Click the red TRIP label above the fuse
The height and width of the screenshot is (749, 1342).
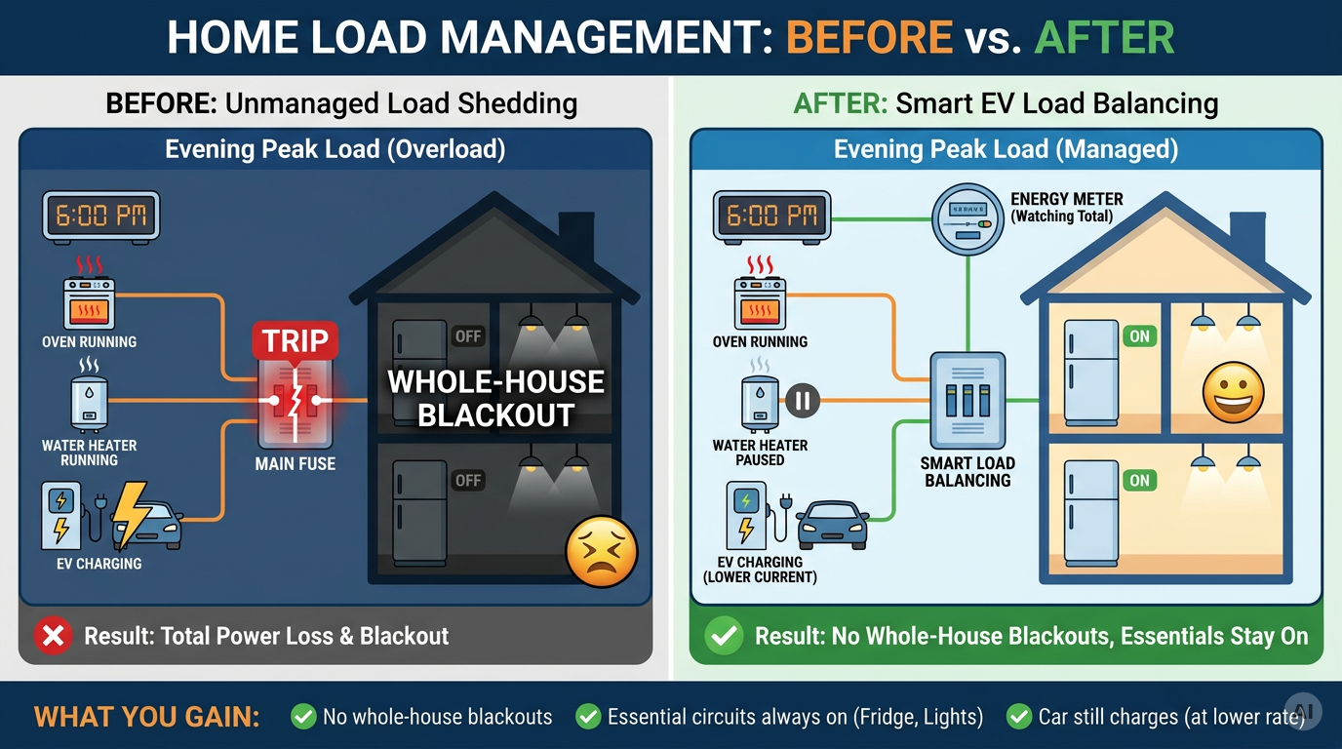tap(295, 340)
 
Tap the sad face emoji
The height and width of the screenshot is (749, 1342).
tap(602, 552)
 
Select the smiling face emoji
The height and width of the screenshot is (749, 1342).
tap(1234, 393)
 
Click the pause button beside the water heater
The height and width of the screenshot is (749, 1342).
tap(803, 400)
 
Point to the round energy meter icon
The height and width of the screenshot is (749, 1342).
tap(967, 219)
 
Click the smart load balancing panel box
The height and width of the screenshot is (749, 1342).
tap(967, 400)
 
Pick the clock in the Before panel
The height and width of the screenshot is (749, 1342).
tap(100, 217)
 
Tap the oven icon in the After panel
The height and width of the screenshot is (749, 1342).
tap(761, 303)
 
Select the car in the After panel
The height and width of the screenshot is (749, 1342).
tap(833, 525)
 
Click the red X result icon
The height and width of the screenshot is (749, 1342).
tap(54, 635)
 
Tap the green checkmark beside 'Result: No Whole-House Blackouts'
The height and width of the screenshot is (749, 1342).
tap(725, 635)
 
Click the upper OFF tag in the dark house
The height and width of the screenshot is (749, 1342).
tap(468, 336)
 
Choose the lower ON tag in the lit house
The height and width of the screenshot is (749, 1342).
tap(1139, 480)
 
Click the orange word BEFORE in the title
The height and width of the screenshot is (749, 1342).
tap(869, 37)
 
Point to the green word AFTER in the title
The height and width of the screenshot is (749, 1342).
tap(1104, 37)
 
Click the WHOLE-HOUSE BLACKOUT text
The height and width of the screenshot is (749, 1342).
tap(496, 399)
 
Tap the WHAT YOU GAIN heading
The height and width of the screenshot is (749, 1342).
tap(146, 717)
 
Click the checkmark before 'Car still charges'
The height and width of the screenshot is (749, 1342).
tap(1019, 717)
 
